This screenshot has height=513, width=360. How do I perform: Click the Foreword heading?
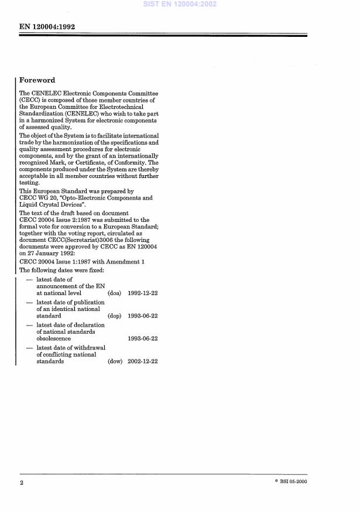37,80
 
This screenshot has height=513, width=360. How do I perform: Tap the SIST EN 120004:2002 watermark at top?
180,5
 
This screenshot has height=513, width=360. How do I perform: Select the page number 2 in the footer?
22,483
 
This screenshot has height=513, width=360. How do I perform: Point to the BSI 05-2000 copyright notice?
290,481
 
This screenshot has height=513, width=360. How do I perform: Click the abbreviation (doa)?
115,293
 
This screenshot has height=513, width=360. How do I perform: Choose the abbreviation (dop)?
115,316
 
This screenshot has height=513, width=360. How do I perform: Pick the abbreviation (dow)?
115,361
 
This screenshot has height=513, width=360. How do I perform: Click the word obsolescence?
53,338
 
